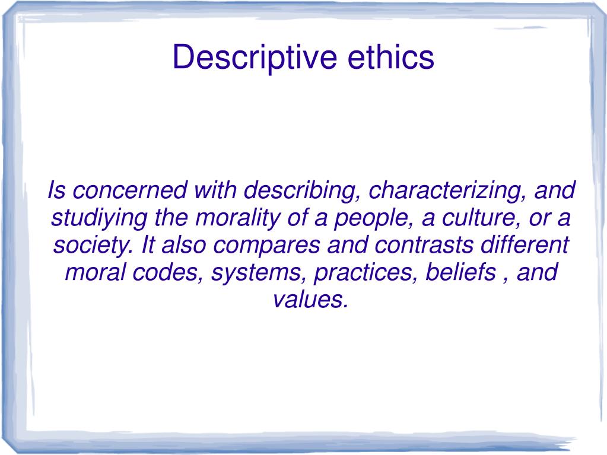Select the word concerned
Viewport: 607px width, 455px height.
point(129,191)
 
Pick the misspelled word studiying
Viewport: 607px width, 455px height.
point(100,218)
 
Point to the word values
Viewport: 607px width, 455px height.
point(309,300)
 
